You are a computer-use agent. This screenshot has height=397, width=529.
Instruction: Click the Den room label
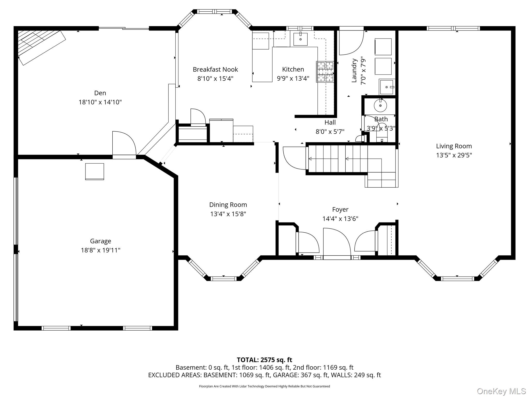[100, 93]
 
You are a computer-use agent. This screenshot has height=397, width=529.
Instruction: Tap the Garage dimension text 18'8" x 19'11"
[100, 250]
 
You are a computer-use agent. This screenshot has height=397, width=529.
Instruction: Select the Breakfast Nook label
[215, 69]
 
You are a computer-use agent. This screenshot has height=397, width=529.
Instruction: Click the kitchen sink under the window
[300, 39]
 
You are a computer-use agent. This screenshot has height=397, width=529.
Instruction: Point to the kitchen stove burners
[325, 72]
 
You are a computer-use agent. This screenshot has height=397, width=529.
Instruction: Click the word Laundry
[354, 71]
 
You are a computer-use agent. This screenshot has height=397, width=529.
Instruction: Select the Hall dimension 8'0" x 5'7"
[330, 132]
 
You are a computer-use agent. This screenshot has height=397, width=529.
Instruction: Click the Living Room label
[454, 146]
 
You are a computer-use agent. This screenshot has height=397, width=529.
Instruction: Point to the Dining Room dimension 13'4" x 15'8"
[228, 214]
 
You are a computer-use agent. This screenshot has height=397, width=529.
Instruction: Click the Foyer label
[340, 209]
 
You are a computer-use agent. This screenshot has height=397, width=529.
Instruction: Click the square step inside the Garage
[95, 171]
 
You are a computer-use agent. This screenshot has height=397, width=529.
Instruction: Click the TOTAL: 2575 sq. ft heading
[264, 360]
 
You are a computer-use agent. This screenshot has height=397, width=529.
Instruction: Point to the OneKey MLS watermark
[501, 391]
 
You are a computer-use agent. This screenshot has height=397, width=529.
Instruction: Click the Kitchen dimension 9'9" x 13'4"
[293, 78]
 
